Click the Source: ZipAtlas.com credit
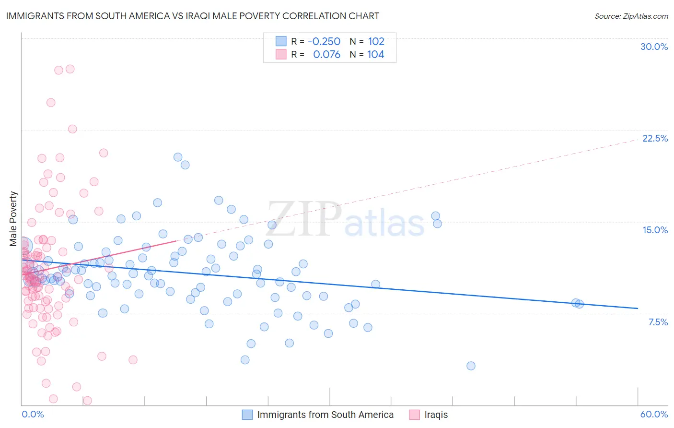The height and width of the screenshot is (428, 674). (631, 16)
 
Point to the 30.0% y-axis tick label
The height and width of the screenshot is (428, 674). (654, 47)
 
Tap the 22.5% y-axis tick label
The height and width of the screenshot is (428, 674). (655, 138)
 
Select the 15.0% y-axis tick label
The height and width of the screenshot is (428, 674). (655, 230)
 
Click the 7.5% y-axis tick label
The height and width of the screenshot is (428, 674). (658, 322)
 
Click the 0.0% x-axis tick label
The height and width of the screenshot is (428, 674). (33, 414)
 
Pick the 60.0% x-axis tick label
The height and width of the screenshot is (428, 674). (653, 414)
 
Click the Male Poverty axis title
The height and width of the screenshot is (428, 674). (13, 219)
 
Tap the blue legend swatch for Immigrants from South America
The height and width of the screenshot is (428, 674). (247, 415)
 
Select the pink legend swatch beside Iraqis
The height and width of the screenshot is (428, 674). (415, 415)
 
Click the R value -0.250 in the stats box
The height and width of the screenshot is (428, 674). (324, 41)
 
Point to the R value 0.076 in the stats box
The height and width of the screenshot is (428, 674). (326, 54)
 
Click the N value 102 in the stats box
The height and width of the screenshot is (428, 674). (376, 41)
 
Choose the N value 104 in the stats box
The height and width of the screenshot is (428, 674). (376, 54)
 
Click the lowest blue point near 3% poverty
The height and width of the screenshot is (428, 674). (471, 366)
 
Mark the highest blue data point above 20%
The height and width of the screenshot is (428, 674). (177, 157)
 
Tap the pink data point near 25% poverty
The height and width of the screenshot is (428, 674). (51, 103)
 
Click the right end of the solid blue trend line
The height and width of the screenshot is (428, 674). (638, 308)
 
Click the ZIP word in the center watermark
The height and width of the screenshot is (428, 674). (304, 219)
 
